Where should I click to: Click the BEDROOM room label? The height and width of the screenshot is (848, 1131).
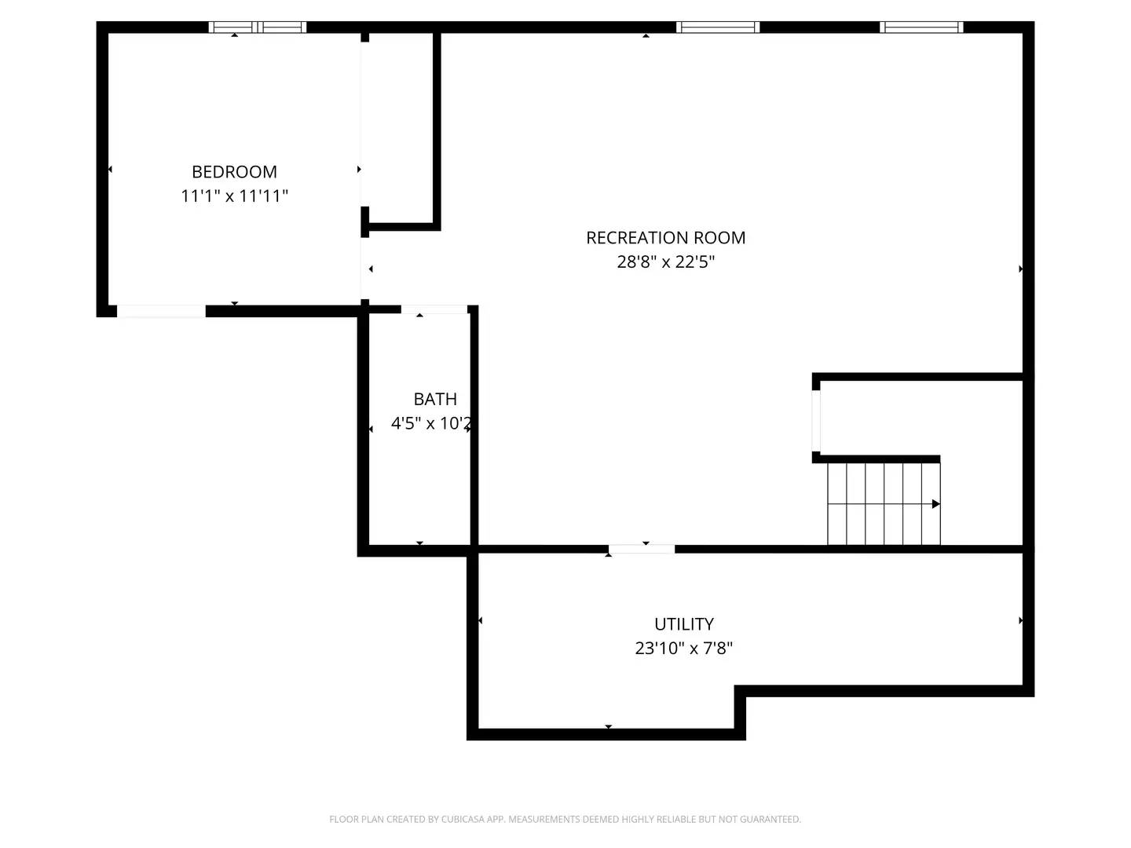click(x=234, y=171)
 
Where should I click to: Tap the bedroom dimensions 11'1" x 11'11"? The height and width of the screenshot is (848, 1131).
click(x=234, y=196)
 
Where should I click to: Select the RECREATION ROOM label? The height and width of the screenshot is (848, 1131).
click(x=665, y=237)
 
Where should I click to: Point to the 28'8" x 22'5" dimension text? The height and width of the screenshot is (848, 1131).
click(x=665, y=261)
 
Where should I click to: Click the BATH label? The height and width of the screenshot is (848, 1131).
click(x=435, y=399)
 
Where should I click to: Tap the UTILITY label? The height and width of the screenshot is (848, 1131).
click(x=684, y=623)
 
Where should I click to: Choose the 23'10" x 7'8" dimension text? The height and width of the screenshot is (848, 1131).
click(x=683, y=648)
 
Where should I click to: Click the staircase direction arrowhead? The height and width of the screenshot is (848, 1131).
click(x=935, y=503)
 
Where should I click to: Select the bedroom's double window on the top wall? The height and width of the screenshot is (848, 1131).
click(x=257, y=27)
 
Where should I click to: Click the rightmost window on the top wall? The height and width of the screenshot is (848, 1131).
click(x=921, y=27)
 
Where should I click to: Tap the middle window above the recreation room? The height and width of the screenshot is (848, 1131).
click(x=717, y=27)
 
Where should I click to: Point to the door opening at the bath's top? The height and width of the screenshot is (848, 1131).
click(x=434, y=309)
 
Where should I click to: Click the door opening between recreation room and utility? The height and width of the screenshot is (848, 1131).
click(x=642, y=549)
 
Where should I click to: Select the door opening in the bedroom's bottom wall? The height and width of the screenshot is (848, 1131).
click(x=161, y=311)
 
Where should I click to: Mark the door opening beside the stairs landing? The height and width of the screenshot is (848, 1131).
click(x=816, y=421)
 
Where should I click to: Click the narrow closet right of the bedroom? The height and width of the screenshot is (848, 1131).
click(x=401, y=128)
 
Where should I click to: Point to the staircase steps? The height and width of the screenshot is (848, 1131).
click(x=884, y=503)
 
